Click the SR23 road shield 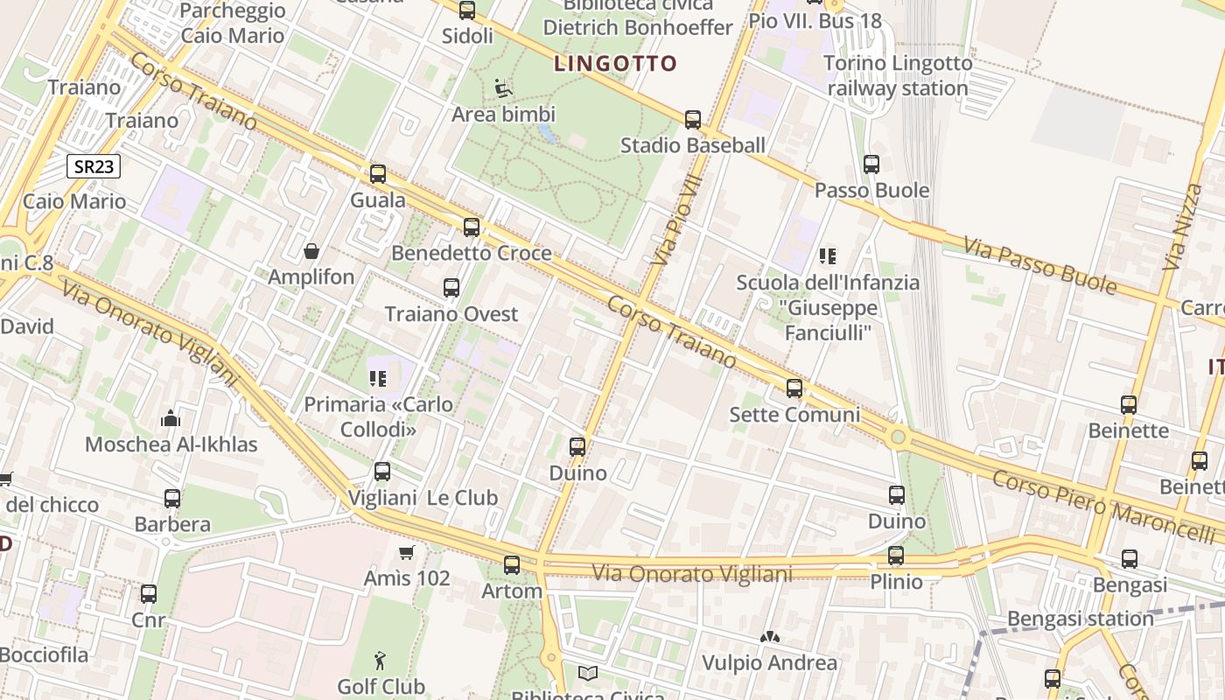point(93,166)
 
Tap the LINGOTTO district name point(616,63)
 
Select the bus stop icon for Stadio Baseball point(693,119)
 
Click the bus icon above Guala point(378,173)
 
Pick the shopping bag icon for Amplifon point(311,252)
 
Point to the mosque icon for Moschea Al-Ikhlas point(171,419)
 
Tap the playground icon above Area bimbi point(503,88)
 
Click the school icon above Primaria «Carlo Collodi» point(378,379)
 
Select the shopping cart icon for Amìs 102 point(406,552)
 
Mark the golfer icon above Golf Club point(380,661)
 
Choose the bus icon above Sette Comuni point(794,388)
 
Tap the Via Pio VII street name point(677,219)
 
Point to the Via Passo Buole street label point(1040,265)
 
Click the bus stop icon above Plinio point(896,556)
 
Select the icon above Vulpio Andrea point(770,637)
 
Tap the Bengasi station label point(1081,619)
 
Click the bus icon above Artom point(512,565)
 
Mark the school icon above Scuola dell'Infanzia point(828,256)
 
